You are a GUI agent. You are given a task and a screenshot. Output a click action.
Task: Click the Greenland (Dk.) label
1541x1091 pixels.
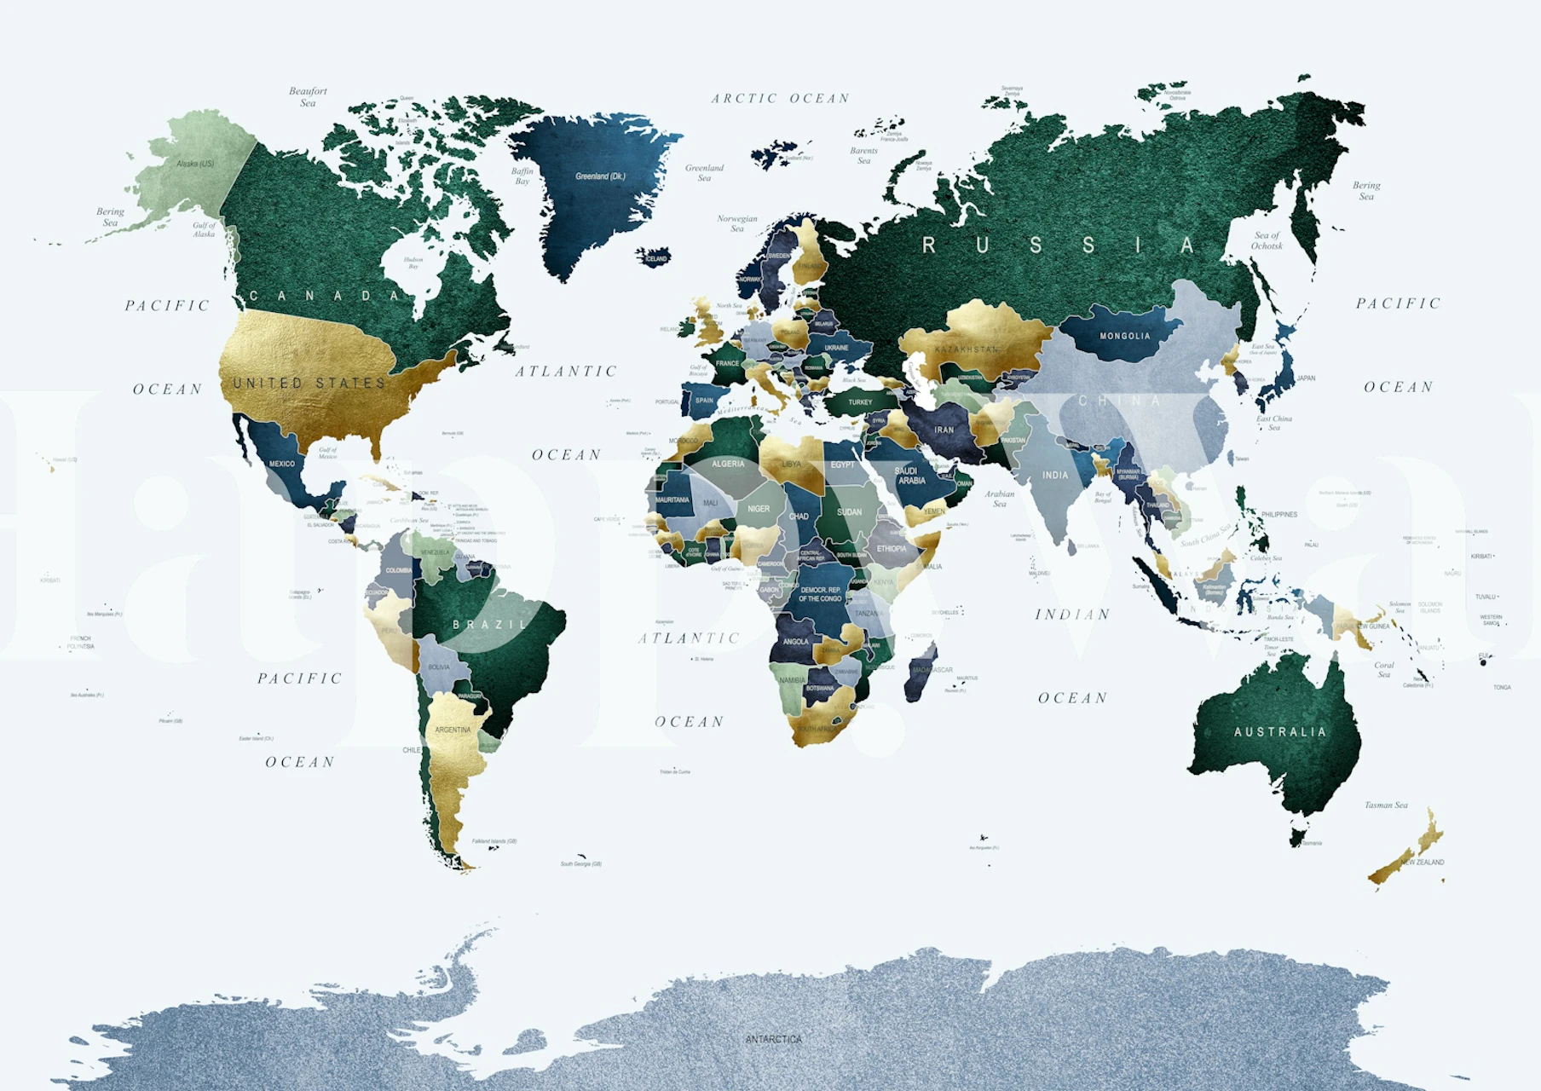600,176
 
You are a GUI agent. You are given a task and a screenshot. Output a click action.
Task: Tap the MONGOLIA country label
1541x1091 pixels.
1124,336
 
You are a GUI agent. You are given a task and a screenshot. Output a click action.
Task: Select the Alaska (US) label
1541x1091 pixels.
195,164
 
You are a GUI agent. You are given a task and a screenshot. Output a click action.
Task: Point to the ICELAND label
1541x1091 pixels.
656,258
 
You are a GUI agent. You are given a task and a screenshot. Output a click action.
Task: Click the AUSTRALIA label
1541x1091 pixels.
1279,732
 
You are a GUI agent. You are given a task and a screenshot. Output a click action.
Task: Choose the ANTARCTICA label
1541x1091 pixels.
773,1039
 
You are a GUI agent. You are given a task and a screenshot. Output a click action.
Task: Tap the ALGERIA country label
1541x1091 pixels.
728,464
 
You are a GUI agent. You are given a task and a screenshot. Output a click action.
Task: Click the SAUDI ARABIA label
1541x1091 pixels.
910,476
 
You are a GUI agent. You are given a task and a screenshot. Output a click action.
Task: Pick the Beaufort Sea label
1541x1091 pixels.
308,97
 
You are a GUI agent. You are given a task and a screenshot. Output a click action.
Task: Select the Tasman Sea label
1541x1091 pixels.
1386,805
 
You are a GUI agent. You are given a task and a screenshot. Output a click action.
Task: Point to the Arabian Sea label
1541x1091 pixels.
1000,499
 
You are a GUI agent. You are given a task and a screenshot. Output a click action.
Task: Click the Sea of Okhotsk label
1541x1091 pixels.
1267,240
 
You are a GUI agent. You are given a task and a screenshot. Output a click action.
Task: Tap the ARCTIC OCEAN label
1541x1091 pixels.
781,99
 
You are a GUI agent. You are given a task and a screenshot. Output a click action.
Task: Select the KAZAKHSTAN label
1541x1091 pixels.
967,349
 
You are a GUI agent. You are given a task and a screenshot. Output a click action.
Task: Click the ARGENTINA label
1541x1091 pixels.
453,730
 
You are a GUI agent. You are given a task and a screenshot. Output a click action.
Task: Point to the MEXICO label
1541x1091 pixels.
282,464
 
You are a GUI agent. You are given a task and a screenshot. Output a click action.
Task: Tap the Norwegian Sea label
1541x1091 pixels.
737,223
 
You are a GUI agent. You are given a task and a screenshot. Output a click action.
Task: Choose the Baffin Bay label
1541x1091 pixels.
522,176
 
